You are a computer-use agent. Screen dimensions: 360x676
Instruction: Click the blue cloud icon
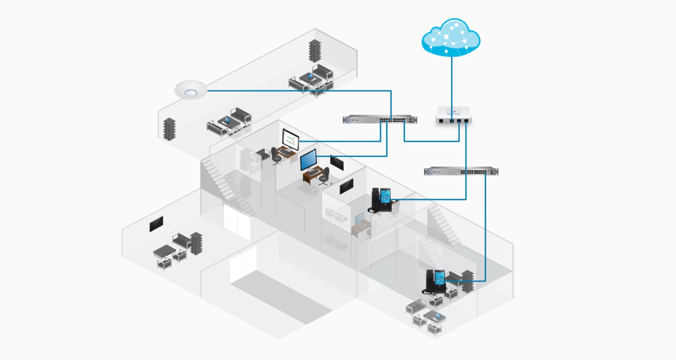point(451,37)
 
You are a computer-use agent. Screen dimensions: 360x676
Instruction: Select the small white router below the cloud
point(453,115)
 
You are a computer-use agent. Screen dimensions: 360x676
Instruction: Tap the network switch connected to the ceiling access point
point(380,119)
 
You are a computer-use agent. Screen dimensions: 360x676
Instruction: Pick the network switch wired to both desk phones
point(461,172)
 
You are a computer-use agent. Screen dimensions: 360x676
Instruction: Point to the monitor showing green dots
point(291,137)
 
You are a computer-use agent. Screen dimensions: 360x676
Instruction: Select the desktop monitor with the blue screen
point(309,159)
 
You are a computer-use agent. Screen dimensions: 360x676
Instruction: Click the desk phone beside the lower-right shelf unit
point(437,281)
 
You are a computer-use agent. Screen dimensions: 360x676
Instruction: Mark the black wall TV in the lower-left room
point(155,224)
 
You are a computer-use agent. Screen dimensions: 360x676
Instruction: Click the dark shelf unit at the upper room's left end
point(170,128)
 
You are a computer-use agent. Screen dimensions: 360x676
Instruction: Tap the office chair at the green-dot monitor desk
point(276,155)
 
